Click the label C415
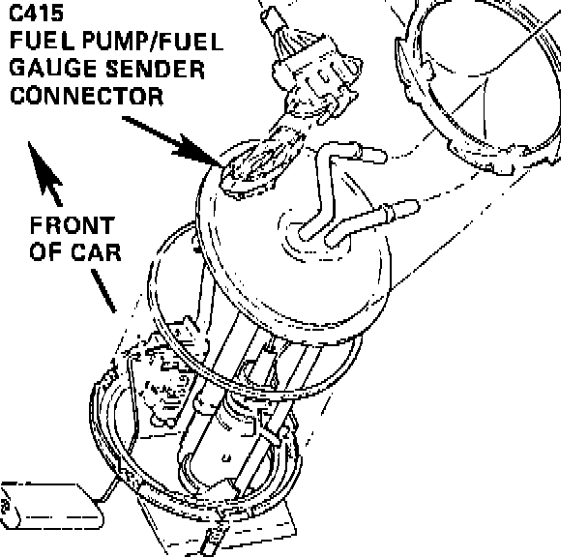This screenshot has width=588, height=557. [x=31, y=16]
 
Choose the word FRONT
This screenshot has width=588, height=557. [x=72, y=225]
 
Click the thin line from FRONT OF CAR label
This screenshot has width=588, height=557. [x=104, y=290]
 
